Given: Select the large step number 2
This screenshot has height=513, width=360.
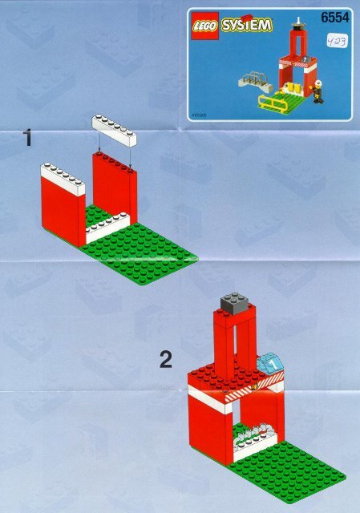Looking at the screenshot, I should [165, 361].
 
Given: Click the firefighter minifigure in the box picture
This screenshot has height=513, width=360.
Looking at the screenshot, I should [318, 94].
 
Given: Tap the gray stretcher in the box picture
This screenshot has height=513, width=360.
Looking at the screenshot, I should [252, 80].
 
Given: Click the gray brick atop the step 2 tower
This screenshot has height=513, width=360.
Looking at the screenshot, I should [234, 301].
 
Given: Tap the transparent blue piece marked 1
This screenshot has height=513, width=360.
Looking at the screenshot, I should [273, 365].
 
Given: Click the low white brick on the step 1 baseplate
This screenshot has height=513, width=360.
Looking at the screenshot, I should [109, 228].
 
